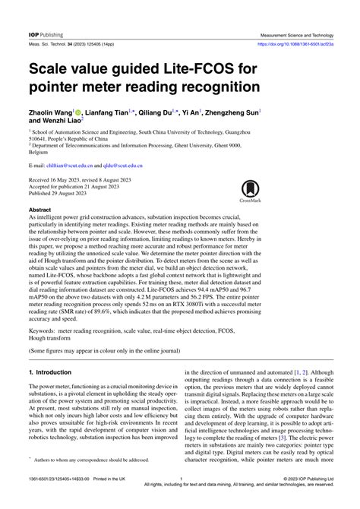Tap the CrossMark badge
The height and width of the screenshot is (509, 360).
click(250, 193)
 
